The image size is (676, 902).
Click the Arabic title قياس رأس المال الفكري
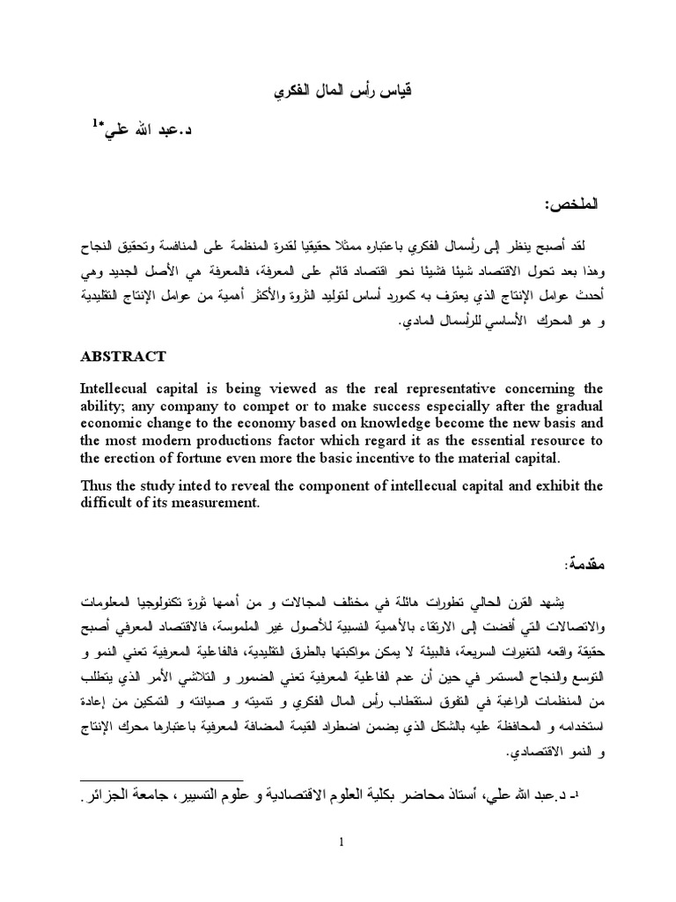(337, 92)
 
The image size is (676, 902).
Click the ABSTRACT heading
(122, 357)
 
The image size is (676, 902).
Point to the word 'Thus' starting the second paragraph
(97, 485)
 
